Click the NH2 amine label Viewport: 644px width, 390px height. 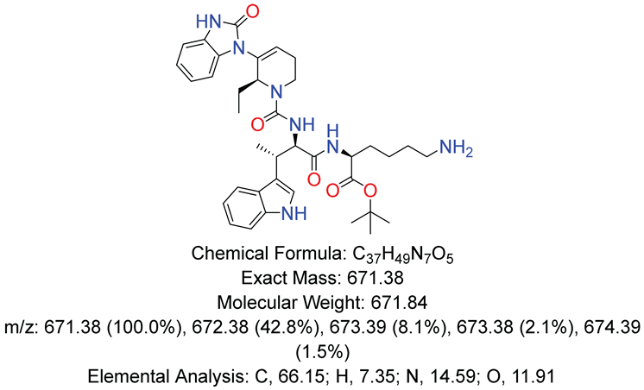click(457, 148)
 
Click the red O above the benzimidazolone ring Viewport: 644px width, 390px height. click(253, 12)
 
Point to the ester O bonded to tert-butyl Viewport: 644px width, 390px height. click(370, 191)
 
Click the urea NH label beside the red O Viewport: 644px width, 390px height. click(302, 123)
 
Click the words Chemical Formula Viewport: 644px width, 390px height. click(264, 254)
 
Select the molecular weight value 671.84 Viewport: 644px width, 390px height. click(399, 303)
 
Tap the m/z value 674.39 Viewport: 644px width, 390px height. click(612, 328)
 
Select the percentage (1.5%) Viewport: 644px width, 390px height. click(322, 352)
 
